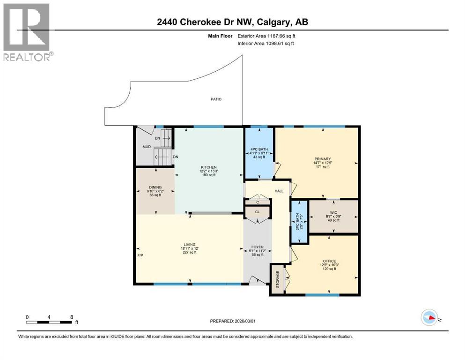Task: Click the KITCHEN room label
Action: coord(209,167)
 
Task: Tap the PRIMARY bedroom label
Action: coord(322,159)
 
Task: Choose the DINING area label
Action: coord(154,187)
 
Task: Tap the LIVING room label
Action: coord(190,244)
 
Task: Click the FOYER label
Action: coord(257,247)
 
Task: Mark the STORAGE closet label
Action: coord(277,280)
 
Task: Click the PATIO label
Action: coord(216,99)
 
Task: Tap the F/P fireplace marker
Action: coord(140,255)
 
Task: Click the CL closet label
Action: coord(257,212)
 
